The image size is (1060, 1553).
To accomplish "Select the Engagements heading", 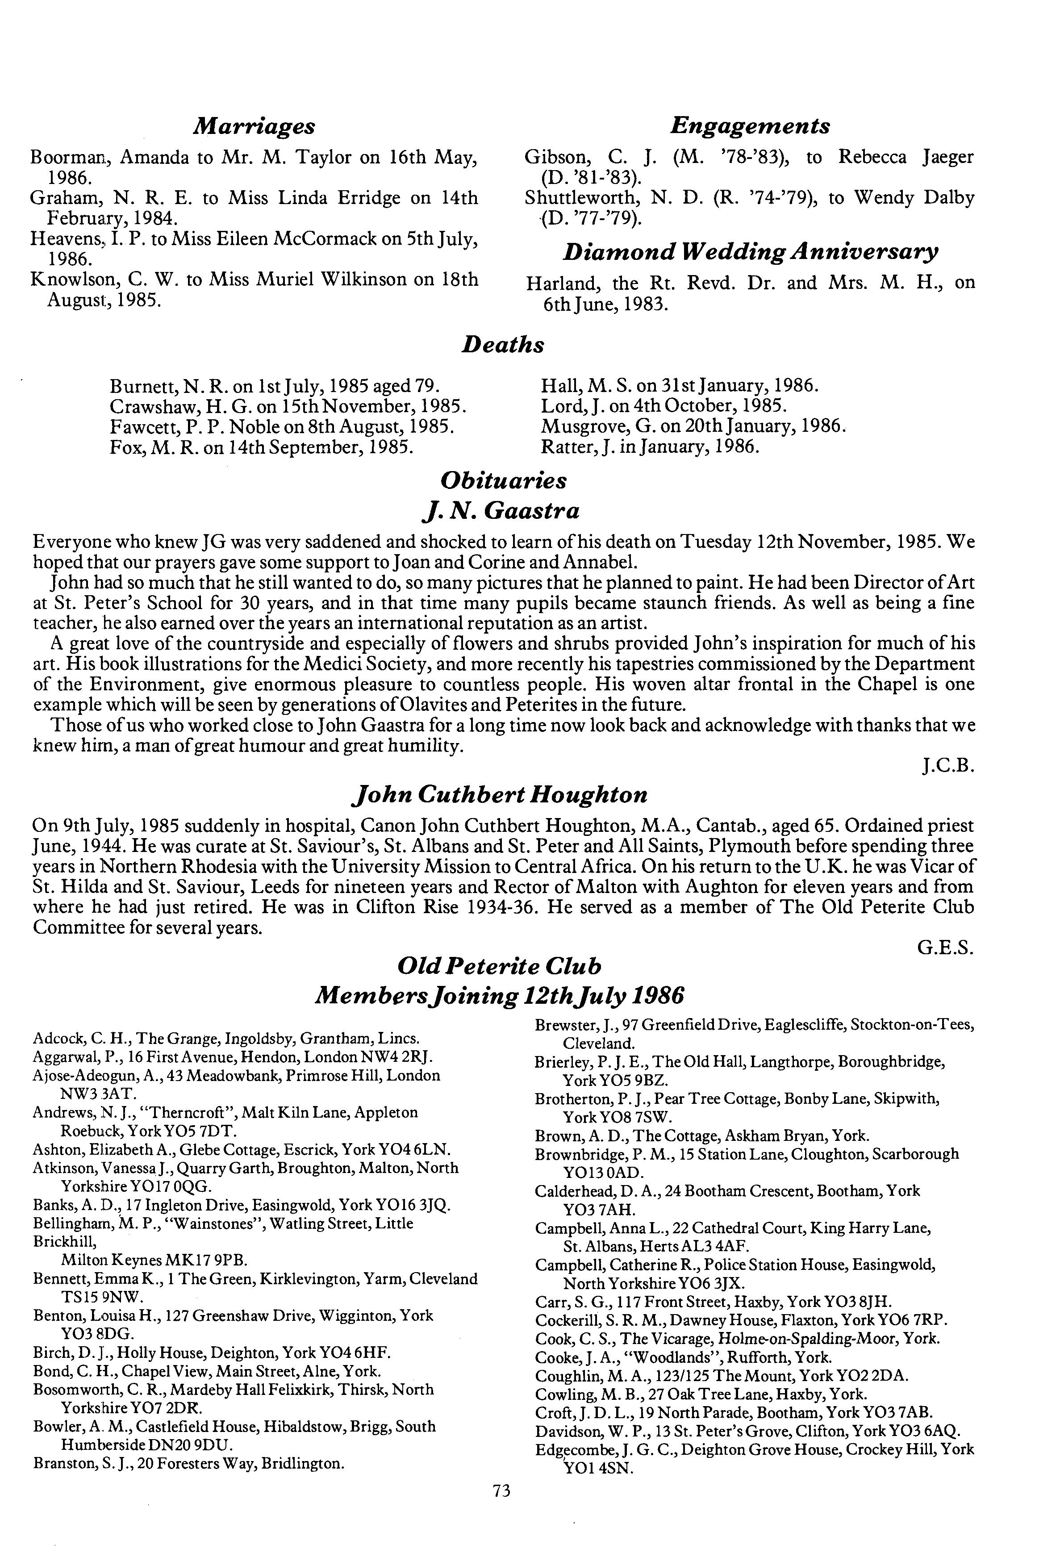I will [x=750, y=125].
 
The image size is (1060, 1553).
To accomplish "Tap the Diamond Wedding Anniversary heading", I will [x=750, y=252].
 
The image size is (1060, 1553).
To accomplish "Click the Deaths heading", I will [x=503, y=345].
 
